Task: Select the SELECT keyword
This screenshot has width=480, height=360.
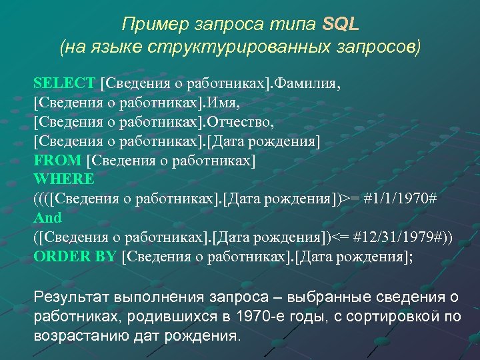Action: [65, 83]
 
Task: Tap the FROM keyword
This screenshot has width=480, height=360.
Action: [57, 159]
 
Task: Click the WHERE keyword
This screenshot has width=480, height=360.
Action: [64, 179]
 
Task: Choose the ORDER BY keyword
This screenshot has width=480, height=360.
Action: [75, 256]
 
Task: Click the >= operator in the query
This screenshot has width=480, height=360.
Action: [347, 198]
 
